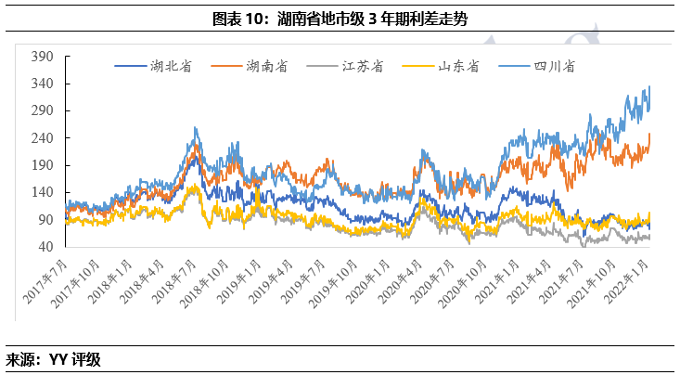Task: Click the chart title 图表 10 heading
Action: (339, 19)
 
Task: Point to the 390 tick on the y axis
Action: (43, 57)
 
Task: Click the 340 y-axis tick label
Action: (43, 84)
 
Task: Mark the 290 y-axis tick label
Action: (43, 110)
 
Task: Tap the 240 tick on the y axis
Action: (43, 138)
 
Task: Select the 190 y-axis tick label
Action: (43, 165)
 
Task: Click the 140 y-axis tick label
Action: (43, 192)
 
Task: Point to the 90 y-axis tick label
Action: (45, 220)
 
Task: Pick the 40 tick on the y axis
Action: (45, 247)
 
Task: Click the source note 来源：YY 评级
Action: (53, 359)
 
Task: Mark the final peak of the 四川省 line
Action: (648, 86)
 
